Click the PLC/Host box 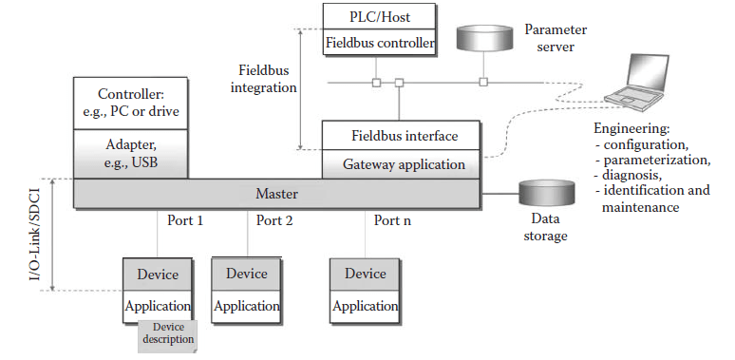380,16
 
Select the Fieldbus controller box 380,43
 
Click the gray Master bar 276,194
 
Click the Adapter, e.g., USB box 130,155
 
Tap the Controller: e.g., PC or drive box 130,104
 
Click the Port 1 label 185,221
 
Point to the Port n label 393,221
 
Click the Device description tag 167,333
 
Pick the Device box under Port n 366,274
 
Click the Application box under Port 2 247,306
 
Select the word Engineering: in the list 631,126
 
